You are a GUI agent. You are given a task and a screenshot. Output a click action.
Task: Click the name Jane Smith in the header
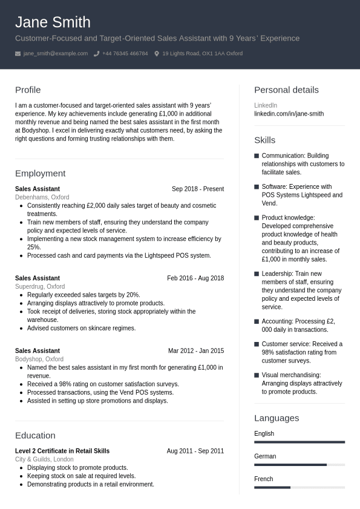click(x=53, y=22)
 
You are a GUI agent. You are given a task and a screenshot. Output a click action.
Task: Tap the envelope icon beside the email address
click(x=18, y=54)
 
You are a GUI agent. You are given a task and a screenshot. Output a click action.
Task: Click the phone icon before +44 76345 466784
click(x=96, y=54)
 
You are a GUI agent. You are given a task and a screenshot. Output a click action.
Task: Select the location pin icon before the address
click(x=157, y=54)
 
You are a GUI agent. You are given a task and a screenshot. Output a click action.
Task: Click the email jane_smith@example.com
click(x=56, y=54)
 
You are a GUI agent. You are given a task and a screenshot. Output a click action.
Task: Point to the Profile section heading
click(x=28, y=90)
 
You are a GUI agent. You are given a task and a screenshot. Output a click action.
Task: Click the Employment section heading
click(x=40, y=174)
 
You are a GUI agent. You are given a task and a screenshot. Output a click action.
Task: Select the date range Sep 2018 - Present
click(x=198, y=189)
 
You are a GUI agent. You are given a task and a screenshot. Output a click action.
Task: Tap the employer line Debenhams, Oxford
click(x=42, y=197)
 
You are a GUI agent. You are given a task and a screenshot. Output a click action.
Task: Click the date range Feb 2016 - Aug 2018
click(x=195, y=278)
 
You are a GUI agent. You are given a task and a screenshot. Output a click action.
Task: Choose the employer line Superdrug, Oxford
click(x=40, y=287)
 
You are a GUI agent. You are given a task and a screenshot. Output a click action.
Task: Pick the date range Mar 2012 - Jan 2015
click(x=196, y=351)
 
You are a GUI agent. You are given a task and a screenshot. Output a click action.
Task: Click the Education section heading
click(x=35, y=436)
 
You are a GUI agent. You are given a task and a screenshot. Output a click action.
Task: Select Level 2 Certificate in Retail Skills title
click(x=62, y=451)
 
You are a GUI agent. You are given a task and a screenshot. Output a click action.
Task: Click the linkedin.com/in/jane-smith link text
click(x=289, y=114)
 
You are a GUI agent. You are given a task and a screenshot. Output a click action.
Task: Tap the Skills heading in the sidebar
click(x=264, y=140)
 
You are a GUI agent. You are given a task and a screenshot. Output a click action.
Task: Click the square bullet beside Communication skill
click(x=257, y=156)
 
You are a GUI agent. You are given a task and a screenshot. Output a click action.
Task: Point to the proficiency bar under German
click(x=299, y=465)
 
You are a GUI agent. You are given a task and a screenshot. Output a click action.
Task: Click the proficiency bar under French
click(x=299, y=487)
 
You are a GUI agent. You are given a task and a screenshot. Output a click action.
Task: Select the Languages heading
click(x=277, y=418)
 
